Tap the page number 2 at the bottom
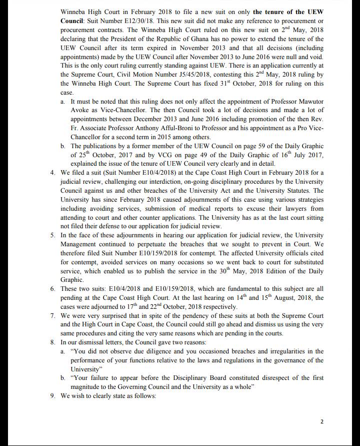click(321, 421)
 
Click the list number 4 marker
click(53, 173)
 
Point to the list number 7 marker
click(53, 316)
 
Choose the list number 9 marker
click(53, 396)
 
